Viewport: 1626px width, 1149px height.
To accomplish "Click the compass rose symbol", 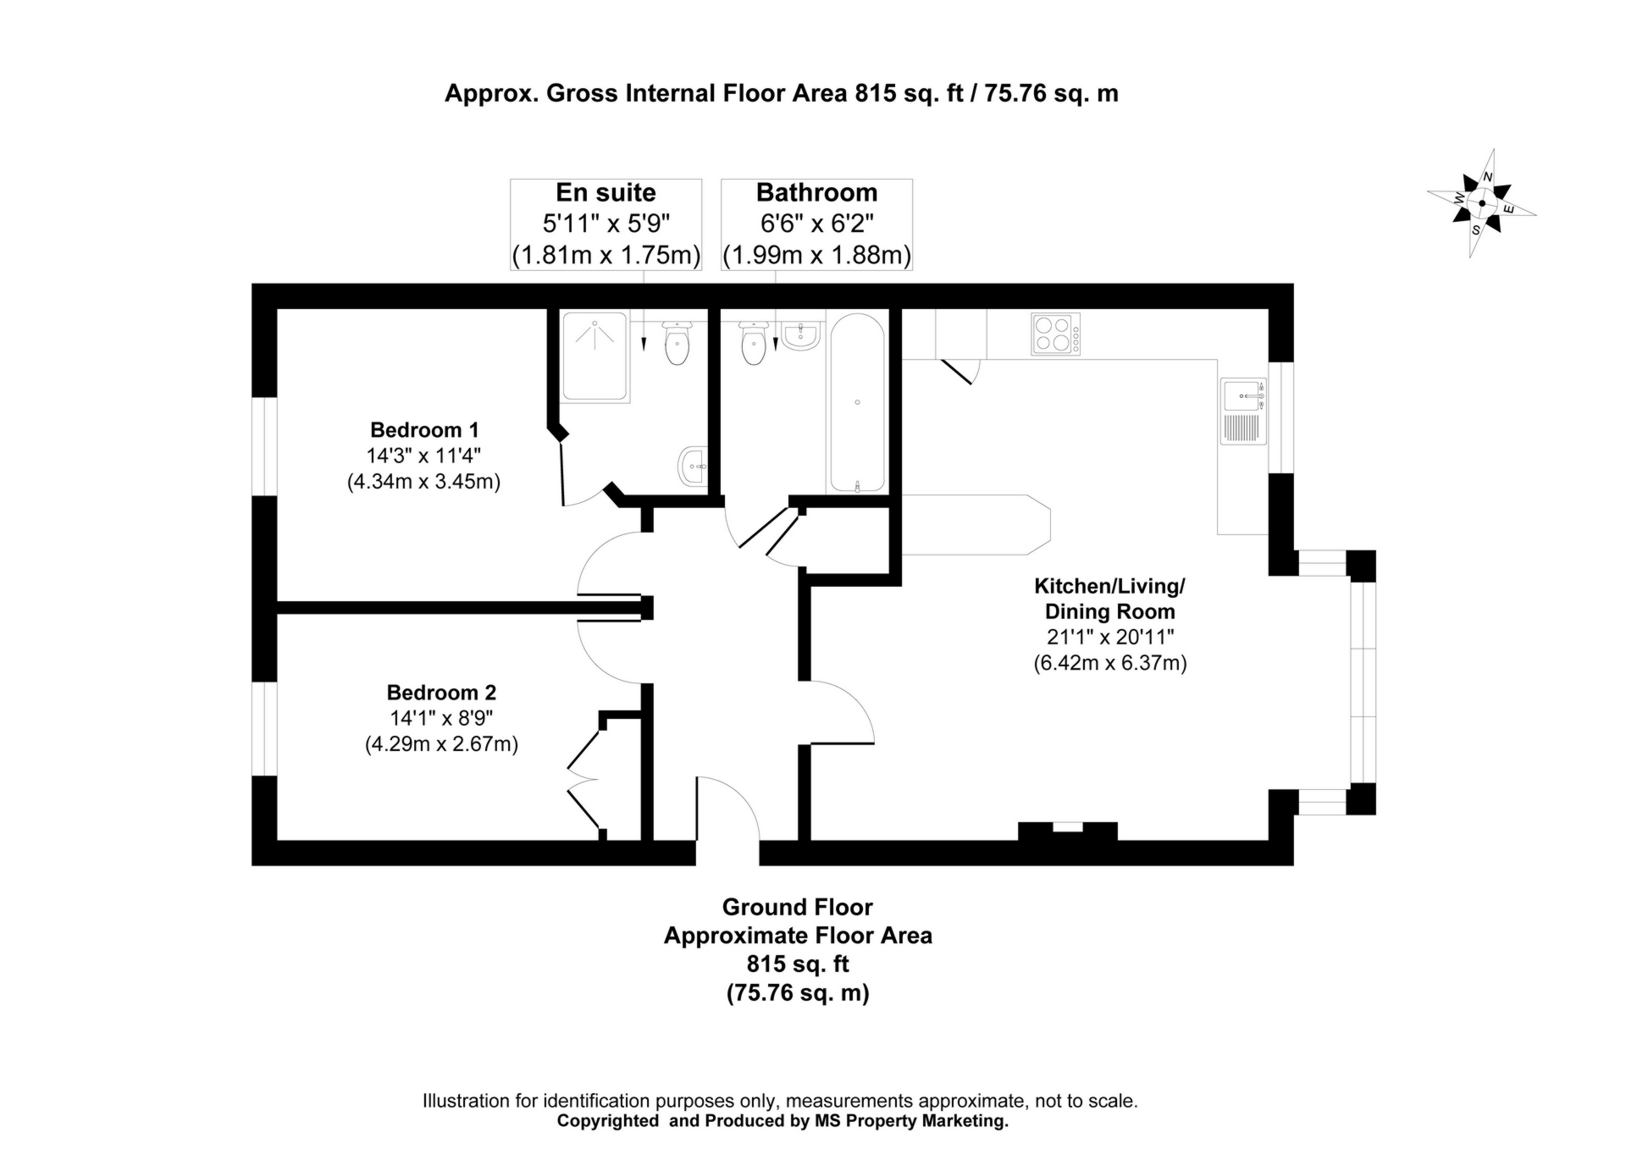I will [1481, 203].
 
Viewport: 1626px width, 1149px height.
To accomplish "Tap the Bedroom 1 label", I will [424, 429].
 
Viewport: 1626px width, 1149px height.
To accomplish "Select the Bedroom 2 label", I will [441, 692].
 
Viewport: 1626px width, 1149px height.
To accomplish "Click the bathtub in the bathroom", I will [857, 403].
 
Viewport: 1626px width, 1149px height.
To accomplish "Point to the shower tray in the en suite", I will [595, 356].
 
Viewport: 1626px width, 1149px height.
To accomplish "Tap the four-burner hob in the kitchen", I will [1055, 334].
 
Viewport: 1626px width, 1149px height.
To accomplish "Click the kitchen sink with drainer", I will [1243, 412].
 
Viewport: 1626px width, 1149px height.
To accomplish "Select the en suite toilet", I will [677, 343].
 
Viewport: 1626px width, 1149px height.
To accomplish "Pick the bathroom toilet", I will [753, 343].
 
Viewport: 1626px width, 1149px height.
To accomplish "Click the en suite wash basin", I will [693, 467].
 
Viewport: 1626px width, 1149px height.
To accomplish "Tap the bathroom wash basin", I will [800, 336].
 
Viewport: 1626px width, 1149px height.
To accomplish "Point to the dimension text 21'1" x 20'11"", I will [1109, 637].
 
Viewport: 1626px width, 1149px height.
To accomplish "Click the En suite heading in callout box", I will [606, 193].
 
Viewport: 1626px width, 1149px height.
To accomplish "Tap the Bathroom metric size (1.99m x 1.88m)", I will [816, 255].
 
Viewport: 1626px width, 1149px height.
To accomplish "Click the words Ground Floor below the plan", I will [797, 907].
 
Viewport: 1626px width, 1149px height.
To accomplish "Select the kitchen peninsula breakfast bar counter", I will [974, 525].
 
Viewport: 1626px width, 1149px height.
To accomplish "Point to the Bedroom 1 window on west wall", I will [265, 445].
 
